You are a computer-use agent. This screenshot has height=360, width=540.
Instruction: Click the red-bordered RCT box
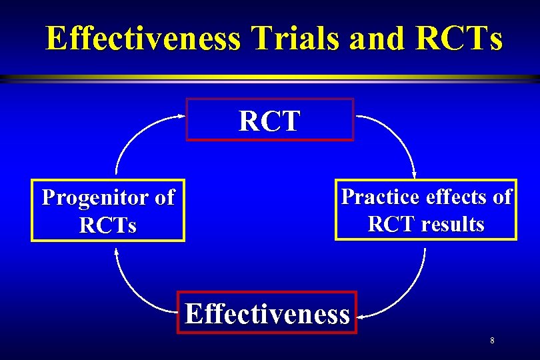coord(269,120)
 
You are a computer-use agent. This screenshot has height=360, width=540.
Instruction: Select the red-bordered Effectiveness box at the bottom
coord(267,313)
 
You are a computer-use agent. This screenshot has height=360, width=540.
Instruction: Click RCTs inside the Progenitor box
coord(107,225)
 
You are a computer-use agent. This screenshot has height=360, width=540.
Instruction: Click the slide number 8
coord(492,341)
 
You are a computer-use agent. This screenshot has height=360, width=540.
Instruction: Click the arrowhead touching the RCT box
coord(181,116)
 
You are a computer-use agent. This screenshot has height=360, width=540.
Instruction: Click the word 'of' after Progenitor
coord(163,198)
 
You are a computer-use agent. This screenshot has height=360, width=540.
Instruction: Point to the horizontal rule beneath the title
coord(270,78)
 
